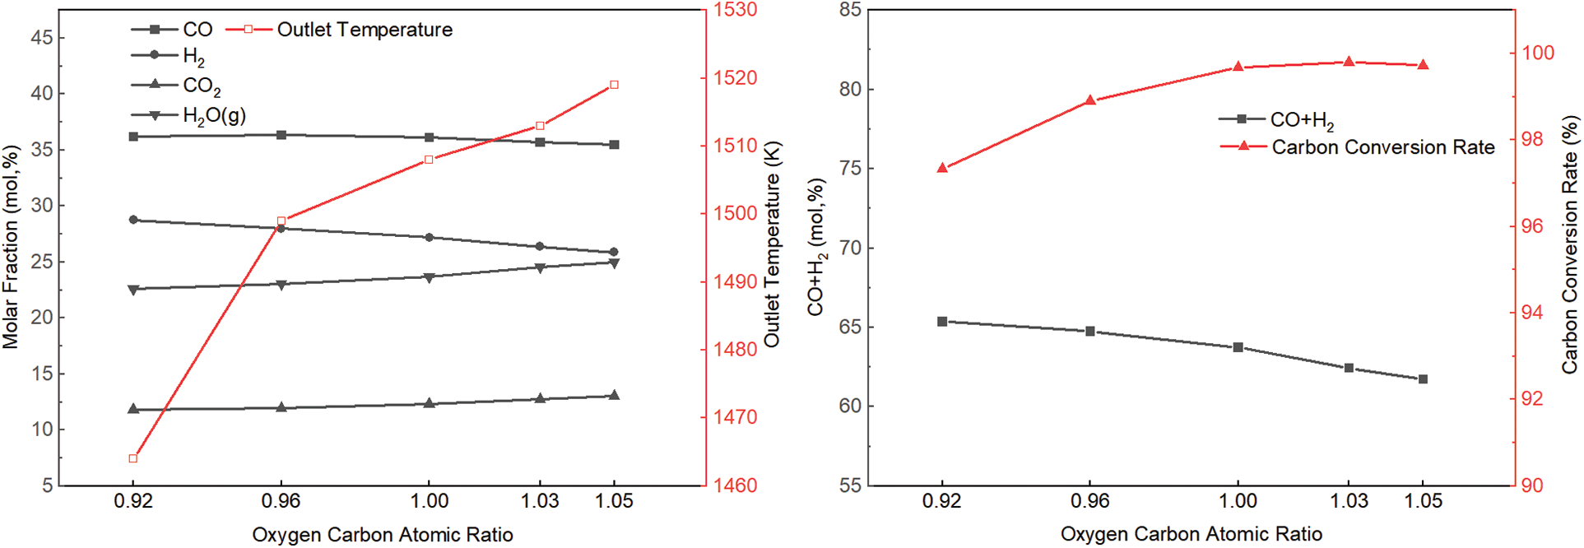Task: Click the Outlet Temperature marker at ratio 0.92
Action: point(133,458)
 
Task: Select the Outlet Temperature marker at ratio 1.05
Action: point(614,85)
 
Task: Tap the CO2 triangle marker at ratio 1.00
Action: point(429,403)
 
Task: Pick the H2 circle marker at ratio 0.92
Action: point(133,220)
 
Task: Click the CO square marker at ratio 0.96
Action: point(281,135)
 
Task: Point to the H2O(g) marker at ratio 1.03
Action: point(540,267)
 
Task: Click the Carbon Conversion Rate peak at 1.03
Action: point(1349,62)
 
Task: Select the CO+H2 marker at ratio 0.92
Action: point(942,322)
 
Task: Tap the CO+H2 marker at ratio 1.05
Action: point(1423,379)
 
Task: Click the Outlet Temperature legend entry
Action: point(364,30)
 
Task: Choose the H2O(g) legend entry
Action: point(214,115)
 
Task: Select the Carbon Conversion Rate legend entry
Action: point(1382,146)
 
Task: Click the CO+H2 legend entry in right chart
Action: point(1301,120)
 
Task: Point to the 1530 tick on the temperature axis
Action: point(735,10)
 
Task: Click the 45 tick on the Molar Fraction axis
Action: point(42,38)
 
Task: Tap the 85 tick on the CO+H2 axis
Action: point(850,10)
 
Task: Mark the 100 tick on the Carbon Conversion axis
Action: point(1538,53)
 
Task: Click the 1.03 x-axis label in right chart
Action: point(1349,500)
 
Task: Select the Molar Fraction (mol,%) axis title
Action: point(11,247)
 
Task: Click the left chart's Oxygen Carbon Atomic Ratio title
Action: point(383,535)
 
